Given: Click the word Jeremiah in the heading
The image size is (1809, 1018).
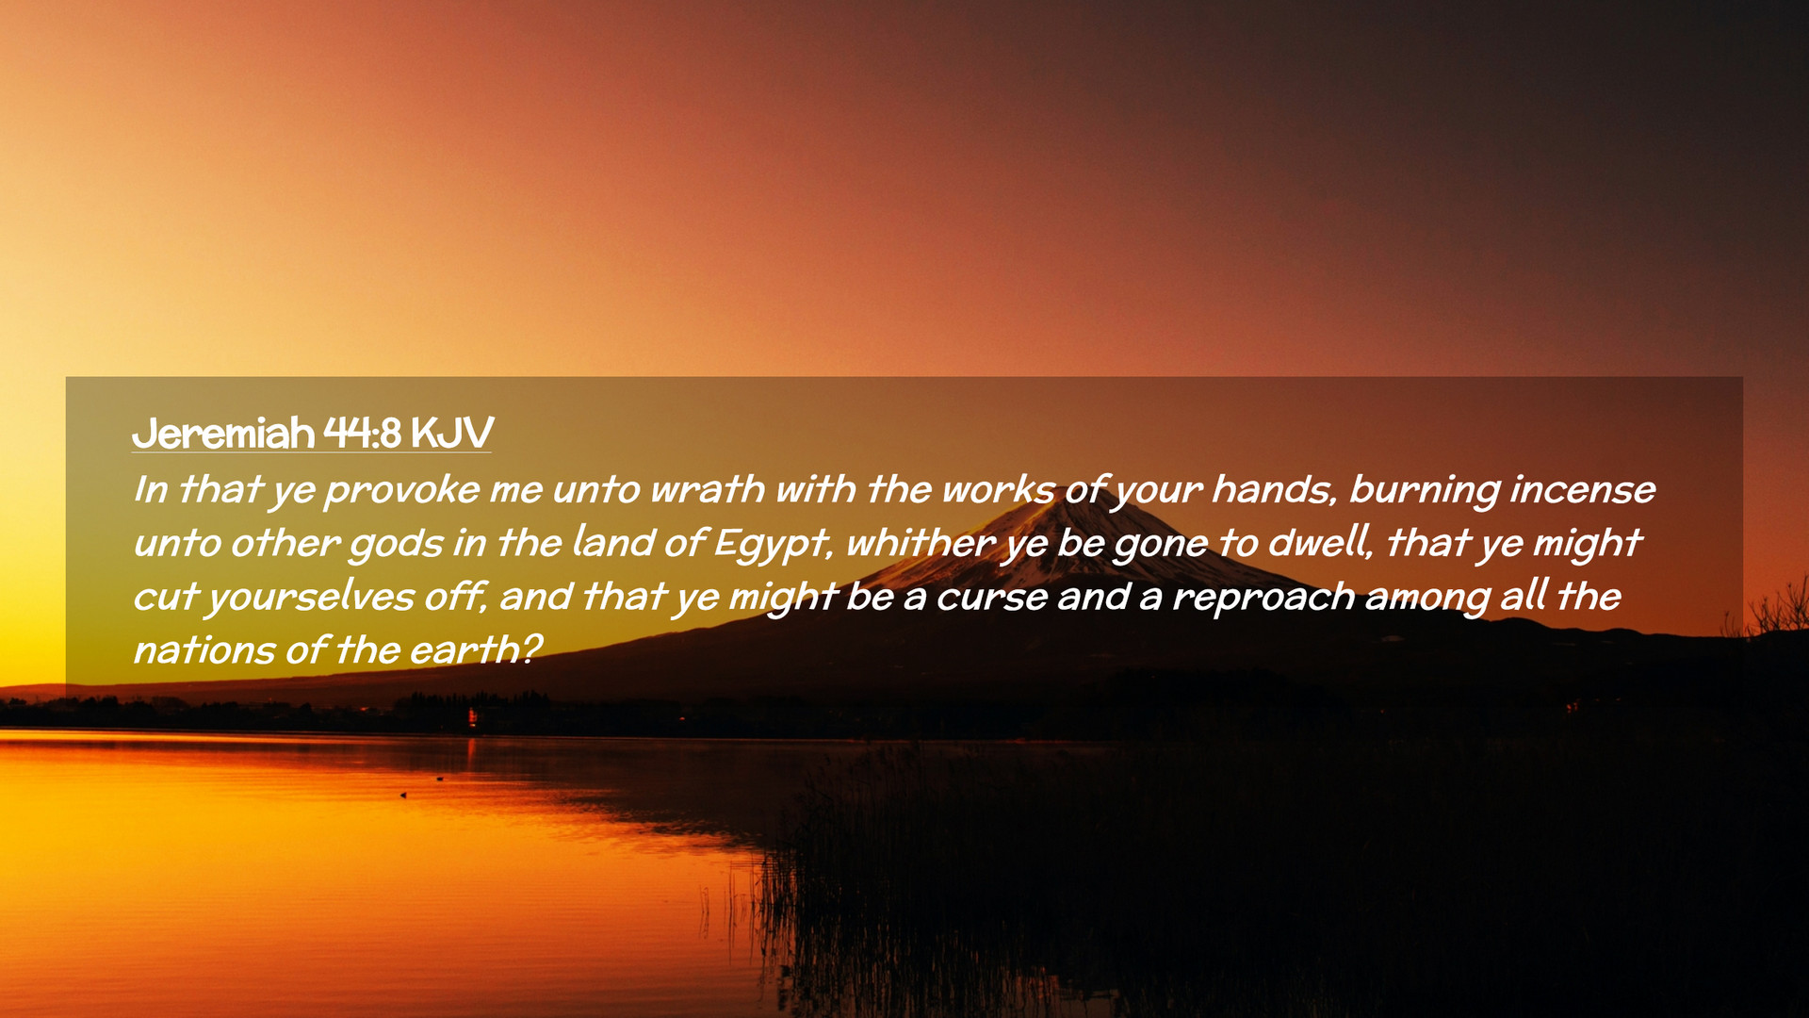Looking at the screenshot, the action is point(223,434).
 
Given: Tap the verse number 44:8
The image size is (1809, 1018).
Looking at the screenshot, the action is point(363,434).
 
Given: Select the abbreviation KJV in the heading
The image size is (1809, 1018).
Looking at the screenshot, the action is point(452,434).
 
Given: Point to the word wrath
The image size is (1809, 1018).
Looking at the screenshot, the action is point(708,489).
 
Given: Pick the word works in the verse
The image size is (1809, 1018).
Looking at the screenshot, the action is point(998,489).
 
